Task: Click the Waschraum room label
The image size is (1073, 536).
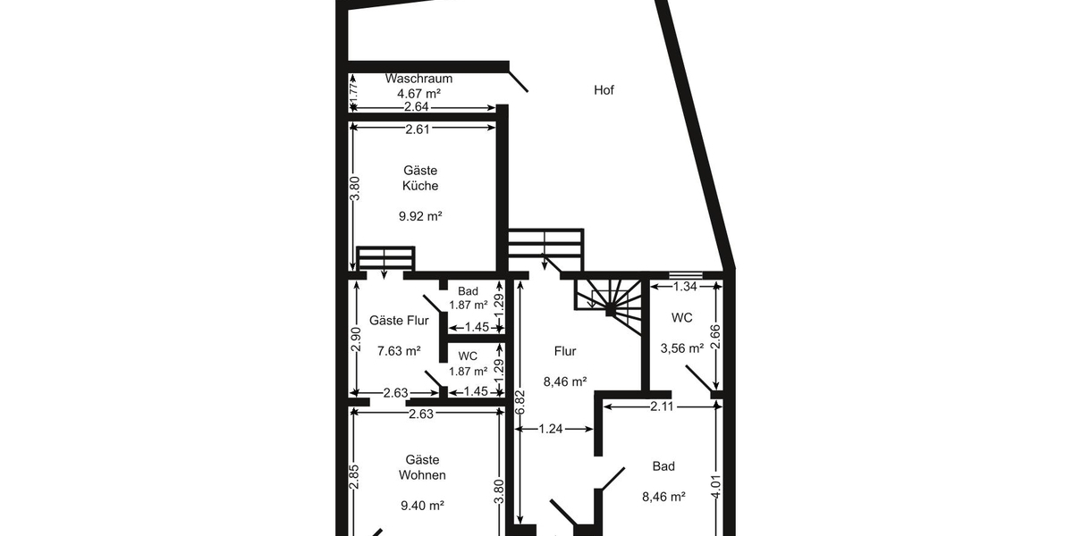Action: pyautogui.click(x=418, y=79)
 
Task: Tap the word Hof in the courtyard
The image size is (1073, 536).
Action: pyautogui.click(x=604, y=90)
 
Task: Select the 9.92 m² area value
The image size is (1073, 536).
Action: pyautogui.click(x=420, y=216)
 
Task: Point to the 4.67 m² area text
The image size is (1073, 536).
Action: pyautogui.click(x=418, y=93)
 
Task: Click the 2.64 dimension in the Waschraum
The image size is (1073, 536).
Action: pyautogui.click(x=417, y=108)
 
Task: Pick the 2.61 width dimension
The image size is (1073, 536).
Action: pyautogui.click(x=418, y=130)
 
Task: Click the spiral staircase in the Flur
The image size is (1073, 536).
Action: pyautogui.click(x=611, y=304)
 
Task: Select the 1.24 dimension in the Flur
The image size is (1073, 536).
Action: pyautogui.click(x=552, y=430)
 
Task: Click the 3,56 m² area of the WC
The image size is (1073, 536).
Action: pyautogui.click(x=681, y=349)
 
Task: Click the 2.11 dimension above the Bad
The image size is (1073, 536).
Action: pyautogui.click(x=661, y=406)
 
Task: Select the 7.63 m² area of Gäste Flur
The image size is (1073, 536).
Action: pyautogui.click(x=399, y=351)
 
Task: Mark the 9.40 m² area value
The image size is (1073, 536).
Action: pyautogui.click(x=423, y=506)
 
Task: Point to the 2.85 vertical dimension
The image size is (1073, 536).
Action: pyautogui.click(x=354, y=476)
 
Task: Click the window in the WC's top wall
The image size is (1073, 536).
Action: pyautogui.click(x=685, y=274)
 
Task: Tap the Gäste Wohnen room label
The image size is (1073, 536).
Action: pyautogui.click(x=423, y=467)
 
